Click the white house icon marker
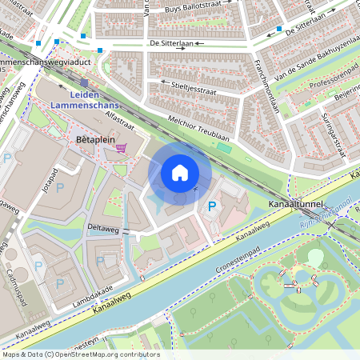coord(179,172)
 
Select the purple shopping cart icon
coord(121,147)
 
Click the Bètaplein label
coord(91,138)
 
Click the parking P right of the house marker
coord(212,207)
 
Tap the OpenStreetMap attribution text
coord(80,354)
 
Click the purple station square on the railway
coord(84,82)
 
